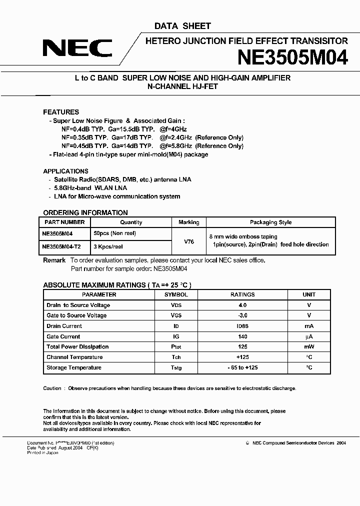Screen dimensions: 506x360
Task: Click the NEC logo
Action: point(77,49)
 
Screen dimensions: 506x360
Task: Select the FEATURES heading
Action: point(61,112)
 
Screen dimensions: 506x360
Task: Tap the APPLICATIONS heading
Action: point(65,171)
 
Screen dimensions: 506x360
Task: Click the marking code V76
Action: point(188,241)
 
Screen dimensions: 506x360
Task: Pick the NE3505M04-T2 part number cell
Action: point(60,246)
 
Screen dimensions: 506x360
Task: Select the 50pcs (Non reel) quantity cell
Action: point(114,233)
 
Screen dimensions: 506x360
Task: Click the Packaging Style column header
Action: point(270,222)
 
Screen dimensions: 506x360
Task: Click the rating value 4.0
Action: point(242,305)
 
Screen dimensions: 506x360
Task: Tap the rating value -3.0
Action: point(242,315)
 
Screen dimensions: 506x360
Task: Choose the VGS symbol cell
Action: point(176,315)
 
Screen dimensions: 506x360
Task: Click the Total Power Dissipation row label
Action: point(77,346)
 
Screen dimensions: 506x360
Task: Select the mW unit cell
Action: point(308,346)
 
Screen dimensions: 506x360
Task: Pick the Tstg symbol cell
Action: point(176,367)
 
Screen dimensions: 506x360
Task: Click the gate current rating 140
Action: point(242,336)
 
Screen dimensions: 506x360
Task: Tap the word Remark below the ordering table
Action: point(54,260)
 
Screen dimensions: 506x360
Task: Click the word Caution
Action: point(52,388)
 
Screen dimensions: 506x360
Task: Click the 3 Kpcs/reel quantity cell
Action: point(108,246)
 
